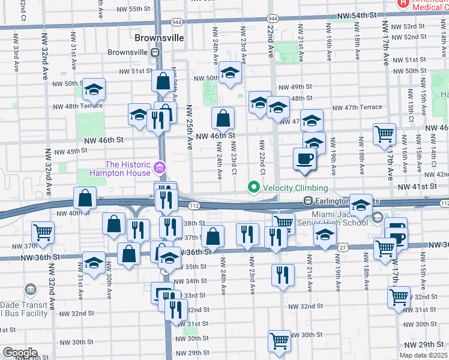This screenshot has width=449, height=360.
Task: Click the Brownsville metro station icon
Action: (x=155, y=52)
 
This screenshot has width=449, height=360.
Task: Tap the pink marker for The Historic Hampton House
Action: (x=159, y=166)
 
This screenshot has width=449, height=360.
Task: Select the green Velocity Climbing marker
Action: (x=253, y=188)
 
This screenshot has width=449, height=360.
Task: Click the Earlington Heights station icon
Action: (x=308, y=201)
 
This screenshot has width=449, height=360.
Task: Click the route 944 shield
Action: (x=176, y=22)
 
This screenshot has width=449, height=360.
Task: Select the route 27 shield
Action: (x=342, y=247)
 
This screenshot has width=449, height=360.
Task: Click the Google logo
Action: (x=20, y=353)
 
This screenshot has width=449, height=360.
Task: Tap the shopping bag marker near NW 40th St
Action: (x=85, y=198)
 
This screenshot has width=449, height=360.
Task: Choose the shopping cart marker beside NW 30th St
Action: (x=279, y=342)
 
